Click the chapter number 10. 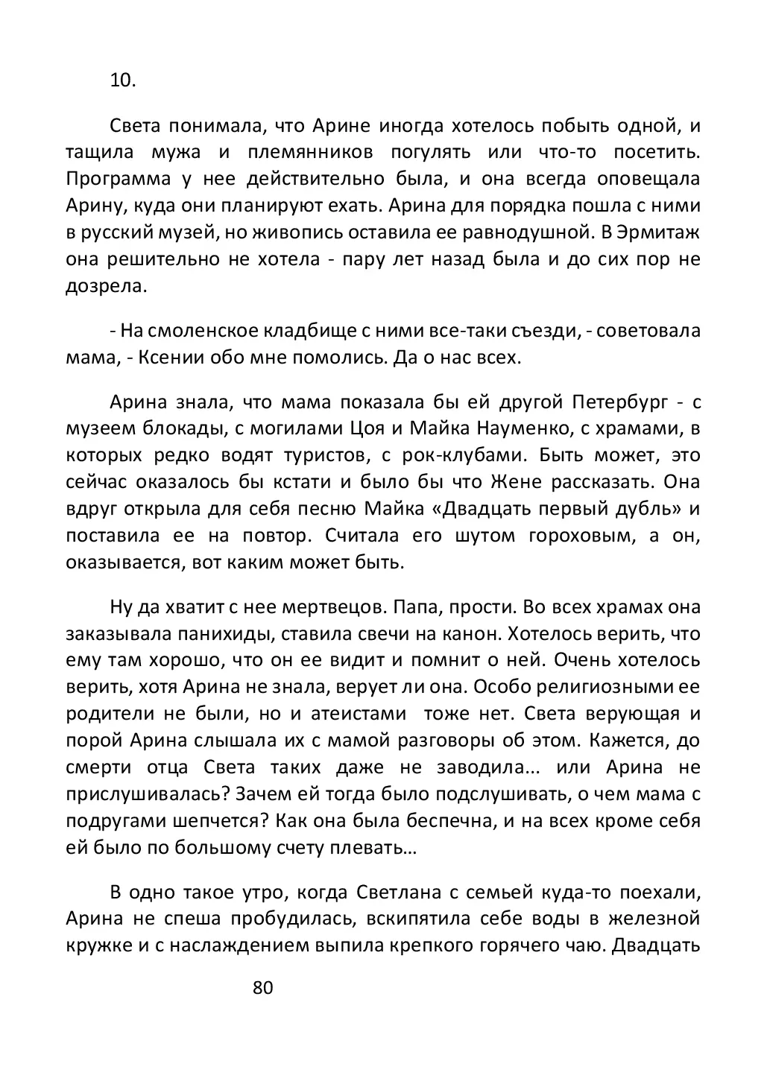click(x=123, y=82)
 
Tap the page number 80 click(x=264, y=988)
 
